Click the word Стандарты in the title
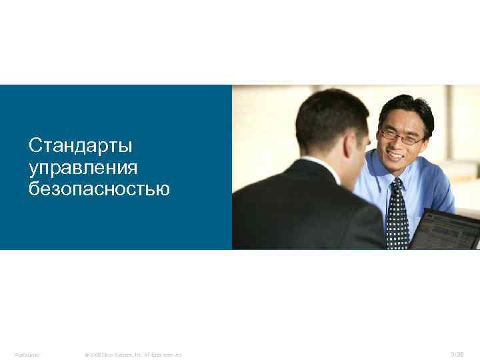pos(81,145)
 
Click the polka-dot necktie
pos(398,217)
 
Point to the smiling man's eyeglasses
pos(401,137)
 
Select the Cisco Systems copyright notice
pos(133,354)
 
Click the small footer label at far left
pos(27,354)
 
